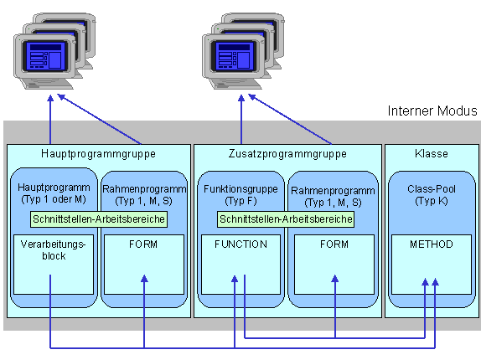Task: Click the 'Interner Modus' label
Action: click(432, 111)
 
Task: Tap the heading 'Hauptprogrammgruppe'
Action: click(99, 154)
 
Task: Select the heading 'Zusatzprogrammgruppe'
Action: click(287, 154)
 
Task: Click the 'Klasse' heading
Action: click(432, 153)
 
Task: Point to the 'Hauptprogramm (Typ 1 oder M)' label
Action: click(54, 193)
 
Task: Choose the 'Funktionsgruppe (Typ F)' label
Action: click(240, 195)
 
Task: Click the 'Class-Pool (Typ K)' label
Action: click(432, 195)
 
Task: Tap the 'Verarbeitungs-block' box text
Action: click(54, 250)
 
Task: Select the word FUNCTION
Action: click(240, 244)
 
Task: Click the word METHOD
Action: click(432, 244)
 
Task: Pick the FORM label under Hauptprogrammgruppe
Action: click(143, 244)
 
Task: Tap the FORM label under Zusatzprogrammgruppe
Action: click(334, 244)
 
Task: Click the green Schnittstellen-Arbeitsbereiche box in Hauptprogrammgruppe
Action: click(99, 219)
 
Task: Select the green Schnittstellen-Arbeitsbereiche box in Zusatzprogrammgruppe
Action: click(286, 219)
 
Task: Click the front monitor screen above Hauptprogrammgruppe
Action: click(46, 56)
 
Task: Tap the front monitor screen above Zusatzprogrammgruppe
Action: click(235, 56)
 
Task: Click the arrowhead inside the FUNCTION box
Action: click(235, 279)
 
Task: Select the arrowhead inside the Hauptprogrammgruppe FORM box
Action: click(144, 279)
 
